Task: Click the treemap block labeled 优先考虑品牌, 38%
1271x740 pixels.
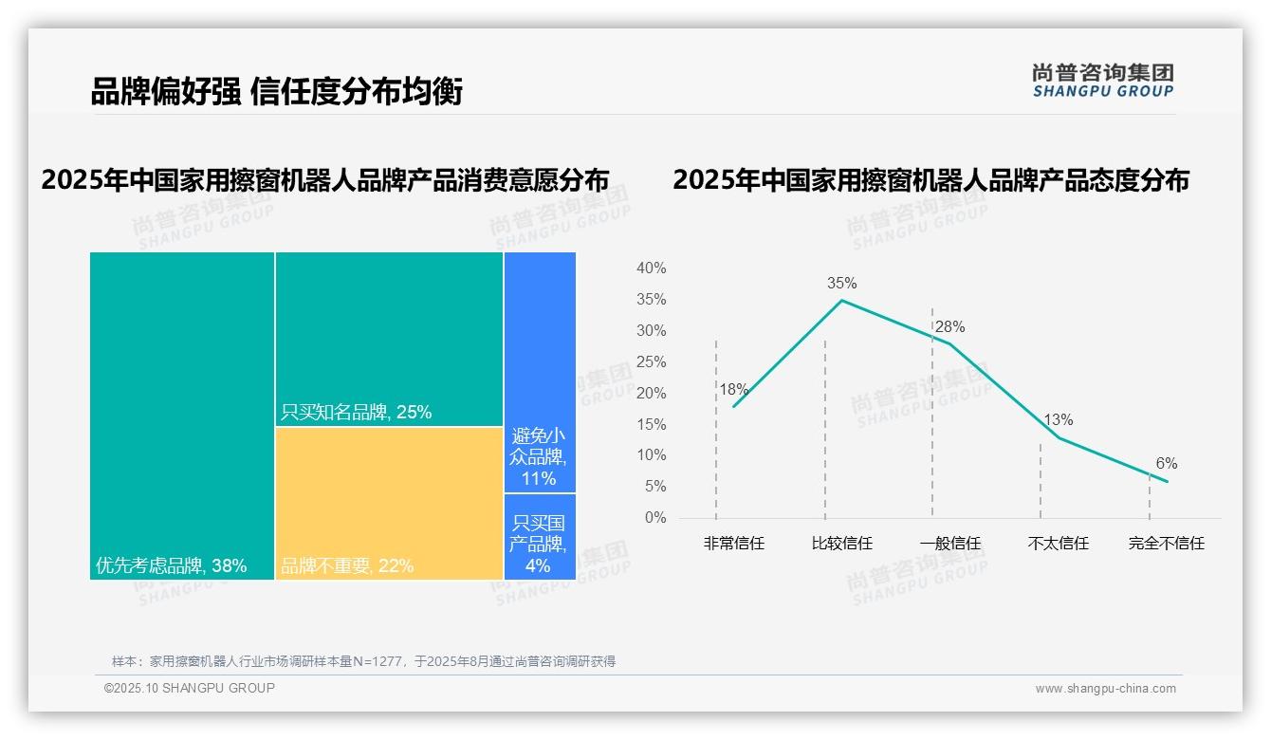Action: tap(182, 416)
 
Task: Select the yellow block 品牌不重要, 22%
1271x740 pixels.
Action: tap(389, 503)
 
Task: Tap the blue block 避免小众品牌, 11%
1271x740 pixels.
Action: tap(540, 372)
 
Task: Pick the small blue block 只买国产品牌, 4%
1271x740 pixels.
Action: tap(540, 536)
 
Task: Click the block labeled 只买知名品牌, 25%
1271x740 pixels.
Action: tap(389, 339)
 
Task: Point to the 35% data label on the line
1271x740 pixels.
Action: tap(841, 283)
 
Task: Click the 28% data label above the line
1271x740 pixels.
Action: tap(949, 327)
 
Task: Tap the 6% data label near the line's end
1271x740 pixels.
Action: tap(1166, 463)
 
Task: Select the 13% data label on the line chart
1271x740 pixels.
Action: tap(1058, 419)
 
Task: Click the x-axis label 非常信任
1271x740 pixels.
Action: tap(733, 544)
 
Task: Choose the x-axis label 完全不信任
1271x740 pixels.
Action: tap(1166, 544)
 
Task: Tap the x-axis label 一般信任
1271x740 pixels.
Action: tap(949, 544)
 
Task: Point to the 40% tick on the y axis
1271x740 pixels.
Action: tap(651, 268)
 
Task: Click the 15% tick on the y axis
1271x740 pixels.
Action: tap(651, 424)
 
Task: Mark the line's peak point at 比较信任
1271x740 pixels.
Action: tap(841, 301)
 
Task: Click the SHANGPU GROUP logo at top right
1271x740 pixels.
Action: tap(1102, 81)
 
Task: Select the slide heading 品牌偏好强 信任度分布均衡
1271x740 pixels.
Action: tap(276, 92)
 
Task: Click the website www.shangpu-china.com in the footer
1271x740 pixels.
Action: tap(1105, 689)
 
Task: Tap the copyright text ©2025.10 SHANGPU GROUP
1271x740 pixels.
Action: tap(190, 688)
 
